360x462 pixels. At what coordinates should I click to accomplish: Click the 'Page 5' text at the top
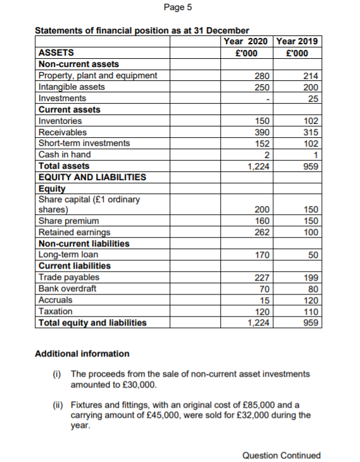177,8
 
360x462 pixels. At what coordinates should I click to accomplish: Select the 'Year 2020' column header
246,42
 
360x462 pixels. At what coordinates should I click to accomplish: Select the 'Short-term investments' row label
84,143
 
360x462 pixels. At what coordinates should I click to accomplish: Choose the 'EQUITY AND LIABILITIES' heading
92,178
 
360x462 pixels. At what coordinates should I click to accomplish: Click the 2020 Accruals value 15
264,300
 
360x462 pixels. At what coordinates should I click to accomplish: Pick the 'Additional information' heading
82,353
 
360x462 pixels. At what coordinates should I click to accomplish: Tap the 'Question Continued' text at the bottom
282,455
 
